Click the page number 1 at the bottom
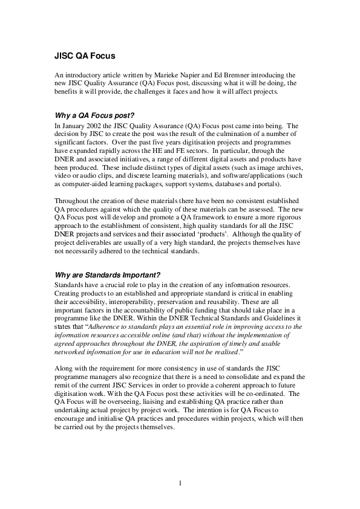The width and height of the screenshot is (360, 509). point(180,483)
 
